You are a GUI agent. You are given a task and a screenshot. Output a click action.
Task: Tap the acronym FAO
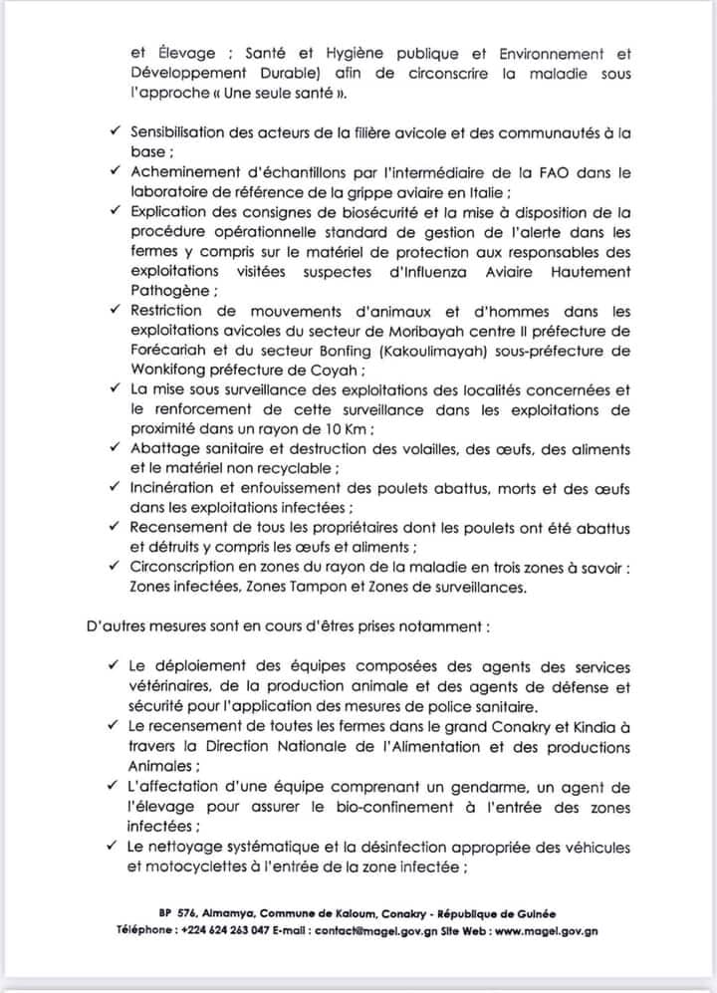click(x=542, y=172)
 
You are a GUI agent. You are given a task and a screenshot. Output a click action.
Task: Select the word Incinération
click(x=174, y=488)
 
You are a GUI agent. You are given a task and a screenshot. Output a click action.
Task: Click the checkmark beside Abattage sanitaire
click(x=117, y=448)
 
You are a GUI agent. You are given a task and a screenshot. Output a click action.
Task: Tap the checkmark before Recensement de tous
click(x=117, y=528)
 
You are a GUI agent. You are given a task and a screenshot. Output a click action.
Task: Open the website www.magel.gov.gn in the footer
click(x=546, y=930)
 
